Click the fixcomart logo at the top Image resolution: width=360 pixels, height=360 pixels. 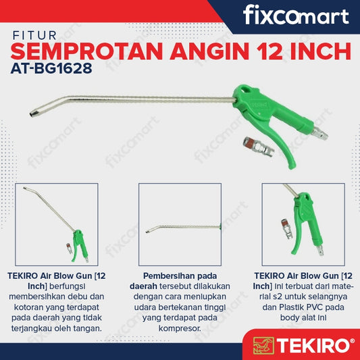click(296, 16)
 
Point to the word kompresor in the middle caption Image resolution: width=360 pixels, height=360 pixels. click(180, 328)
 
